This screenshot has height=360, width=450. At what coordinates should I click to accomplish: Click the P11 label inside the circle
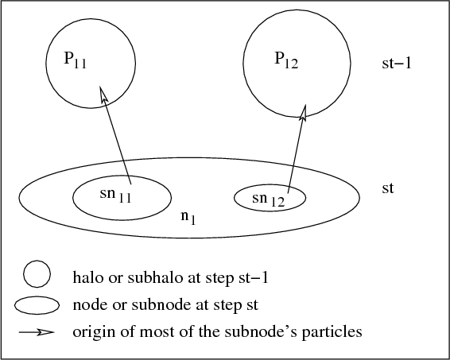76,60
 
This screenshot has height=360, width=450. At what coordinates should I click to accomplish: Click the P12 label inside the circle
286,60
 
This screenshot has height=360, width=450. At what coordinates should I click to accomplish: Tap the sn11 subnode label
115,195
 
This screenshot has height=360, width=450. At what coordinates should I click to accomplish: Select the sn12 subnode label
269,199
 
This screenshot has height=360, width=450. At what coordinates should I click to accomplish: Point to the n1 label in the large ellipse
188,217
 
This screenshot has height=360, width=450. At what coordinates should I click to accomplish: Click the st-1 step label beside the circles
397,64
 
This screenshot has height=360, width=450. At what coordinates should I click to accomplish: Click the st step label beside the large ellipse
388,188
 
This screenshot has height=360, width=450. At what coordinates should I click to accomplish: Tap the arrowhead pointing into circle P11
103,94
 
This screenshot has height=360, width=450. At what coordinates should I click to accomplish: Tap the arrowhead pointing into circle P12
304,112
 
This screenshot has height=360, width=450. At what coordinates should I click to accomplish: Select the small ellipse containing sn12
270,184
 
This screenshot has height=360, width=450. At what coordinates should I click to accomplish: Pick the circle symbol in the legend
37,261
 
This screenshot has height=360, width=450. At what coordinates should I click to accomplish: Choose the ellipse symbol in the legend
37,297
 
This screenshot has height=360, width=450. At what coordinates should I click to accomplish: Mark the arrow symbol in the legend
37,332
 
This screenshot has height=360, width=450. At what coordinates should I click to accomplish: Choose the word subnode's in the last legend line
261,331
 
